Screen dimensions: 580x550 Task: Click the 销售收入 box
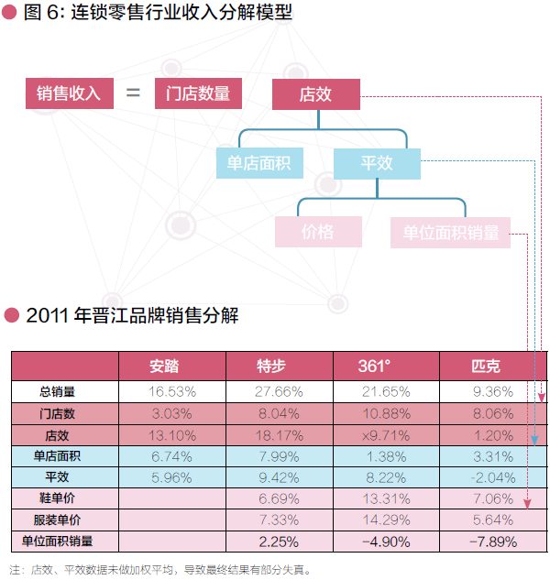69,93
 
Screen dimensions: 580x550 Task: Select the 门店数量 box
198,93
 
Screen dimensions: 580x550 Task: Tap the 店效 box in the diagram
315,93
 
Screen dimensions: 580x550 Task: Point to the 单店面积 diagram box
259,163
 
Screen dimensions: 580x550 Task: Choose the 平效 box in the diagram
377,163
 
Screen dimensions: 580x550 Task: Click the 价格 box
318,232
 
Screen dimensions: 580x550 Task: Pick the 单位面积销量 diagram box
450,233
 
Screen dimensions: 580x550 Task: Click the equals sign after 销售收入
134,93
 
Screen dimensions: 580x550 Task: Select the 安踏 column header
171,366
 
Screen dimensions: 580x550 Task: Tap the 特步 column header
279,366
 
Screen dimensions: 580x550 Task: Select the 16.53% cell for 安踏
171,391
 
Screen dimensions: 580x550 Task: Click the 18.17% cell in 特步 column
279,434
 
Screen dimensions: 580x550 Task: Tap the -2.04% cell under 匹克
493,477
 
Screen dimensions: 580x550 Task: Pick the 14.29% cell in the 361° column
385,520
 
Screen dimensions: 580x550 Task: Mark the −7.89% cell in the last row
493,542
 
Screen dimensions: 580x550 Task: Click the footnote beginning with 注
160,568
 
